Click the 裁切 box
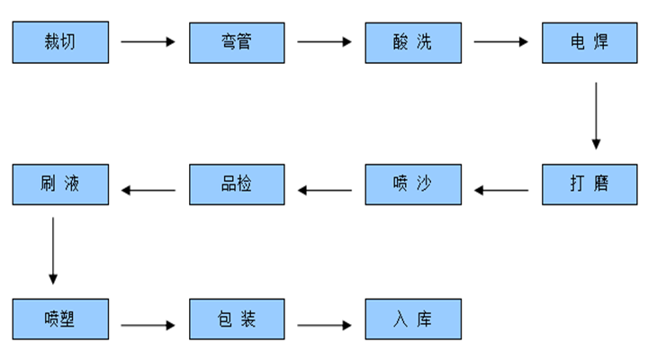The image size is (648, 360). click(x=60, y=41)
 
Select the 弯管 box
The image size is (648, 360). click(x=237, y=41)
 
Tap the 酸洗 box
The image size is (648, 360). click(x=413, y=41)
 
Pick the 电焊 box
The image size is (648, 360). click(x=589, y=41)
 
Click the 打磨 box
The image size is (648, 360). click(x=589, y=184)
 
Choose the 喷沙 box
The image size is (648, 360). click(x=413, y=184)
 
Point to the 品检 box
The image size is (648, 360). click(x=237, y=184)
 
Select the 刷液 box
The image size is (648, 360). click(x=60, y=184)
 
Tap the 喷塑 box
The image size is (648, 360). click(x=60, y=319)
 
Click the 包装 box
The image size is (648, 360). click(x=237, y=319)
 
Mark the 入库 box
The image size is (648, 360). click(x=413, y=319)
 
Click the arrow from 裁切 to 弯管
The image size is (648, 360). click(x=148, y=41)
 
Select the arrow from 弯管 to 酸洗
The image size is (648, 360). click(x=325, y=41)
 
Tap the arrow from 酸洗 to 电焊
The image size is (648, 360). click(x=501, y=41)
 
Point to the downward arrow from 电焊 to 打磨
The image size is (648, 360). click(x=596, y=115)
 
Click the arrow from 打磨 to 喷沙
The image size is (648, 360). click(x=501, y=190)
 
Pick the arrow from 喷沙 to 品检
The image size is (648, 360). click(x=325, y=190)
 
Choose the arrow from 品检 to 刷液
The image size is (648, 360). click(x=148, y=190)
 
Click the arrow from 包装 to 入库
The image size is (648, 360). click(x=325, y=325)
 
